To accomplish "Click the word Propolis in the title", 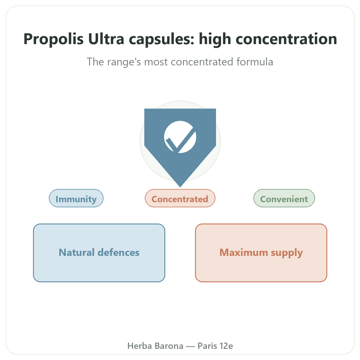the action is click(x=53, y=39).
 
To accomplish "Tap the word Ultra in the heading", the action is click(x=106, y=39).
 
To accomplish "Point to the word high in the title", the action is click(x=215, y=39).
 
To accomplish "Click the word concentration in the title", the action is click(x=286, y=39).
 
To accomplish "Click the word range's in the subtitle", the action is click(x=124, y=62).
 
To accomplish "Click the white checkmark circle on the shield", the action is click(x=180, y=137).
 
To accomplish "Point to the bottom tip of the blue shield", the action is click(x=180, y=187).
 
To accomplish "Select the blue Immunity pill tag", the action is click(x=76, y=198).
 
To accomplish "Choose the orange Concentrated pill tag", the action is click(x=180, y=198).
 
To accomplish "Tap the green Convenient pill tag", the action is click(x=284, y=198).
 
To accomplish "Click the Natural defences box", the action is click(x=99, y=253).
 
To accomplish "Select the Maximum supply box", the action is click(x=261, y=253).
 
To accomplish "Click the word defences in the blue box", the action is click(x=118, y=252).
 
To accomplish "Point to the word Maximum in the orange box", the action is click(x=244, y=252).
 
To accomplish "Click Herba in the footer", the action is click(x=139, y=346).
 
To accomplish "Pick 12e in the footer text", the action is click(x=226, y=346).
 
